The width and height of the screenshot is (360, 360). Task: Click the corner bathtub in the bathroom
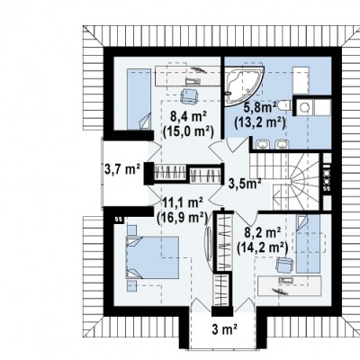243,85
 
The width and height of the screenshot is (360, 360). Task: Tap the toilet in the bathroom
284,105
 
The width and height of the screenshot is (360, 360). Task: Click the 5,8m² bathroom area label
259,107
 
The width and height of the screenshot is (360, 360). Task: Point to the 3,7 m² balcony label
122,170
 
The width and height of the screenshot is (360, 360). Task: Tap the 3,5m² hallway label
245,184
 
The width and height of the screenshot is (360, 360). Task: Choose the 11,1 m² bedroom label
183,203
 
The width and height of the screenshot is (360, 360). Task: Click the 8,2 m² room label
263,232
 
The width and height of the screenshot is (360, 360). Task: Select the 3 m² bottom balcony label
225,329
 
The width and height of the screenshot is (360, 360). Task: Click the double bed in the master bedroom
153,257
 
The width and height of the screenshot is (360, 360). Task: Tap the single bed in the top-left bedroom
139,99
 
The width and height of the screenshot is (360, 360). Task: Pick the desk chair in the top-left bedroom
190,95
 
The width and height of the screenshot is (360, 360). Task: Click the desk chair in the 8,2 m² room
283,265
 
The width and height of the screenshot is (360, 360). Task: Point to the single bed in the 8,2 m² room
308,244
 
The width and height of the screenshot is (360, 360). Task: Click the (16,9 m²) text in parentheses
183,217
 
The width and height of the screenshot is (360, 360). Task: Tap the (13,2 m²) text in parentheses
259,122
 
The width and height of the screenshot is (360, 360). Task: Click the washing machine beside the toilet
305,107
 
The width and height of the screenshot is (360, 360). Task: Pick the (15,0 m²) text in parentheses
188,131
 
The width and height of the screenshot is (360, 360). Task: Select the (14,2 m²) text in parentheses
263,247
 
